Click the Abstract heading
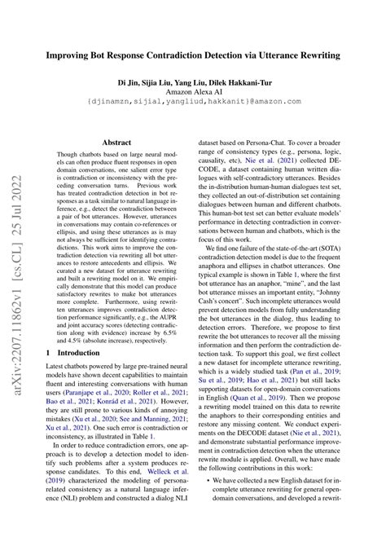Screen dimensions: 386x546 coord(117,141)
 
